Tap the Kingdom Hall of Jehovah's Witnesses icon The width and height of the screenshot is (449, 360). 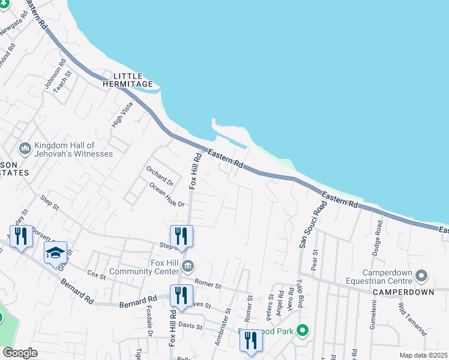coord(25,148)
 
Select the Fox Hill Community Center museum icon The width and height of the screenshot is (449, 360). coord(188,265)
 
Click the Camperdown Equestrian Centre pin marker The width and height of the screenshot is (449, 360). coord(421,276)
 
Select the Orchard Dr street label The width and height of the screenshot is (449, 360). coord(160,175)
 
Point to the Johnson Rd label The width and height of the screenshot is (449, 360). coord(55,74)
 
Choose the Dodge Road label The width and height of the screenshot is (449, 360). coord(378,231)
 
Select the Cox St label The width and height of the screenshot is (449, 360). coord(96,275)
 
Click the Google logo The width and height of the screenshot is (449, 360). coord(20,353)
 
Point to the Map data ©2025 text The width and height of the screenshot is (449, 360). coord(423,355)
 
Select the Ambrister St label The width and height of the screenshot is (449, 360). coord(223,327)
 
